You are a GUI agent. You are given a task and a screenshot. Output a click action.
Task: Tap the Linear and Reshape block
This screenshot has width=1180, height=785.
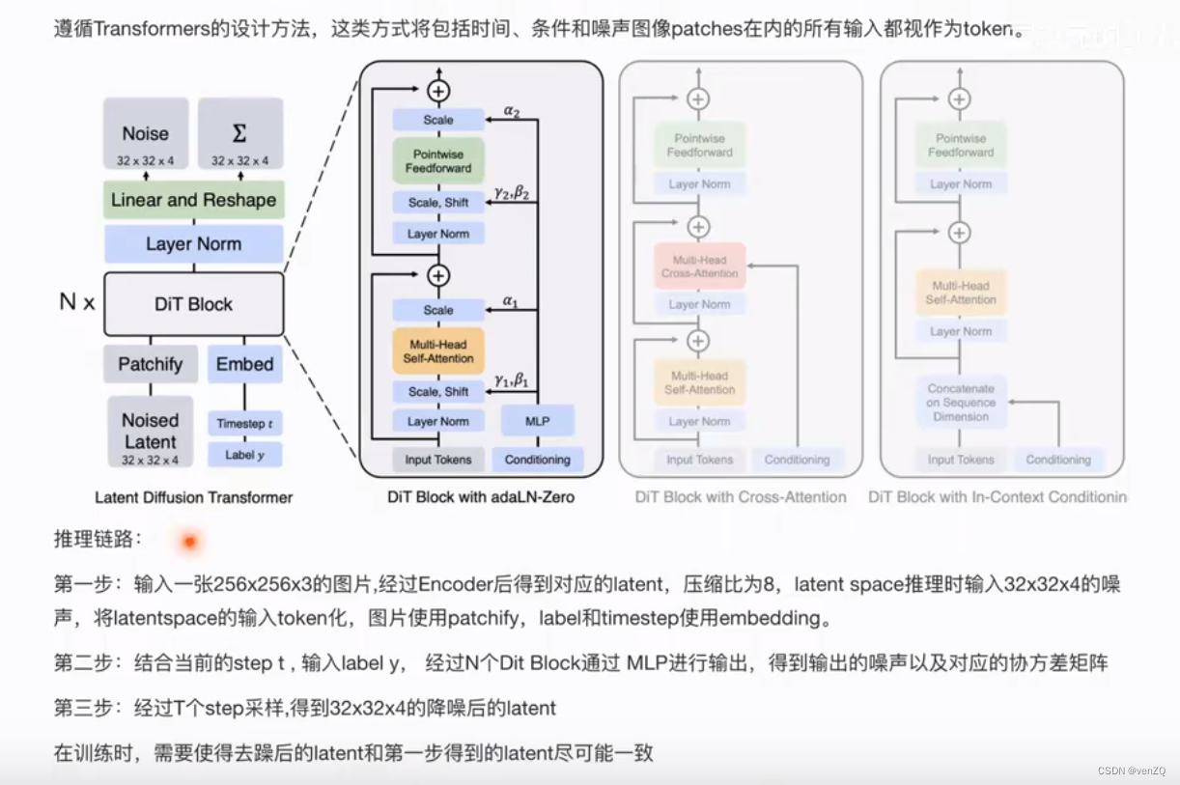193,201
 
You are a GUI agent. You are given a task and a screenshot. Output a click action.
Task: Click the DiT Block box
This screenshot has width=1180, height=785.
193,304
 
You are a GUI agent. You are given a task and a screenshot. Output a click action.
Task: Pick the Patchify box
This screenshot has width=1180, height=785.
151,364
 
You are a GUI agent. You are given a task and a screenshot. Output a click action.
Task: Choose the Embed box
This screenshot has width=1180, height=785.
244,364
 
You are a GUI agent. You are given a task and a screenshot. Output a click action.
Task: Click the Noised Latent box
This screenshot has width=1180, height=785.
151,432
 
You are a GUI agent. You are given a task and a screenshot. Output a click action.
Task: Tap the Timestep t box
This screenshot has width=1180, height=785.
244,424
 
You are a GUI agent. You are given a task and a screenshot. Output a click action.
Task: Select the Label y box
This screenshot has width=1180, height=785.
244,455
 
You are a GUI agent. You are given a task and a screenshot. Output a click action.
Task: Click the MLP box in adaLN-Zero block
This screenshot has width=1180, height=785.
538,421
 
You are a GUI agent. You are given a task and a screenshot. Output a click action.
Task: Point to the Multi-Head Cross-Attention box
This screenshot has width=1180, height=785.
699,266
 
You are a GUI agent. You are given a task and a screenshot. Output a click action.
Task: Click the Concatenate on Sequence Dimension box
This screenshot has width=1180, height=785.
961,403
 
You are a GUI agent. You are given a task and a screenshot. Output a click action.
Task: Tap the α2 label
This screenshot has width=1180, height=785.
512,111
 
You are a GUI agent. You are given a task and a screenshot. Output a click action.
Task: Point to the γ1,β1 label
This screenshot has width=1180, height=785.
512,379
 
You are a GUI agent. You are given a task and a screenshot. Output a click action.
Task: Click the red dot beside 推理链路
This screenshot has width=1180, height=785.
189,542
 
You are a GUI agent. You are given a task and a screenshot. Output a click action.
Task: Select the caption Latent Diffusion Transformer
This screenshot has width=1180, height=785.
193,497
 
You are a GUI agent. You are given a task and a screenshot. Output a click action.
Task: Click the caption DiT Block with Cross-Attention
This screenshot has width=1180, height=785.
741,497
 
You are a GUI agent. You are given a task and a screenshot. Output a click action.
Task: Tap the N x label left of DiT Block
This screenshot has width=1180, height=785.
77,302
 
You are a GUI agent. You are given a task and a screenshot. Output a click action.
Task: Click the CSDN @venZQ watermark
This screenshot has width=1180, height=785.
1131,771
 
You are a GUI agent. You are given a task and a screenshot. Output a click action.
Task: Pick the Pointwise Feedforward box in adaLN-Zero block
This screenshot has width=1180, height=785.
438,161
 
